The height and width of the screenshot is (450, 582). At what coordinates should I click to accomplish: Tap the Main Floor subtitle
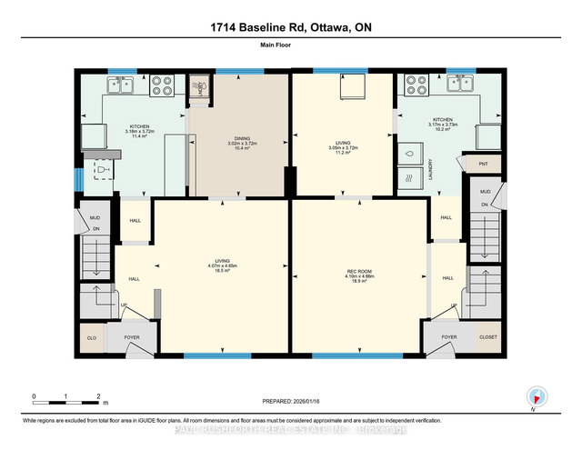click(x=291, y=53)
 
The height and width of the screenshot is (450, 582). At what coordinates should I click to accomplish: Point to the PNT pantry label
click(x=482, y=164)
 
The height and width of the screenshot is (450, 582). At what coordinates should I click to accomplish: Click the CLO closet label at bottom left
click(x=92, y=337)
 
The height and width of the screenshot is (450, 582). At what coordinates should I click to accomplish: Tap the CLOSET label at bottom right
click(x=488, y=337)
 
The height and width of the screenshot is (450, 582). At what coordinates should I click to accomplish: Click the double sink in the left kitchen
click(x=121, y=85)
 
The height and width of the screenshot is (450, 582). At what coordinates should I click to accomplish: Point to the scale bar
click(x=65, y=397)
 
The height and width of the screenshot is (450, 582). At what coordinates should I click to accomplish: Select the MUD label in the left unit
click(x=94, y=218)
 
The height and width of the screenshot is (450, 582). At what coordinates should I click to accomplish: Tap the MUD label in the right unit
click(x=485, y=192)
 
